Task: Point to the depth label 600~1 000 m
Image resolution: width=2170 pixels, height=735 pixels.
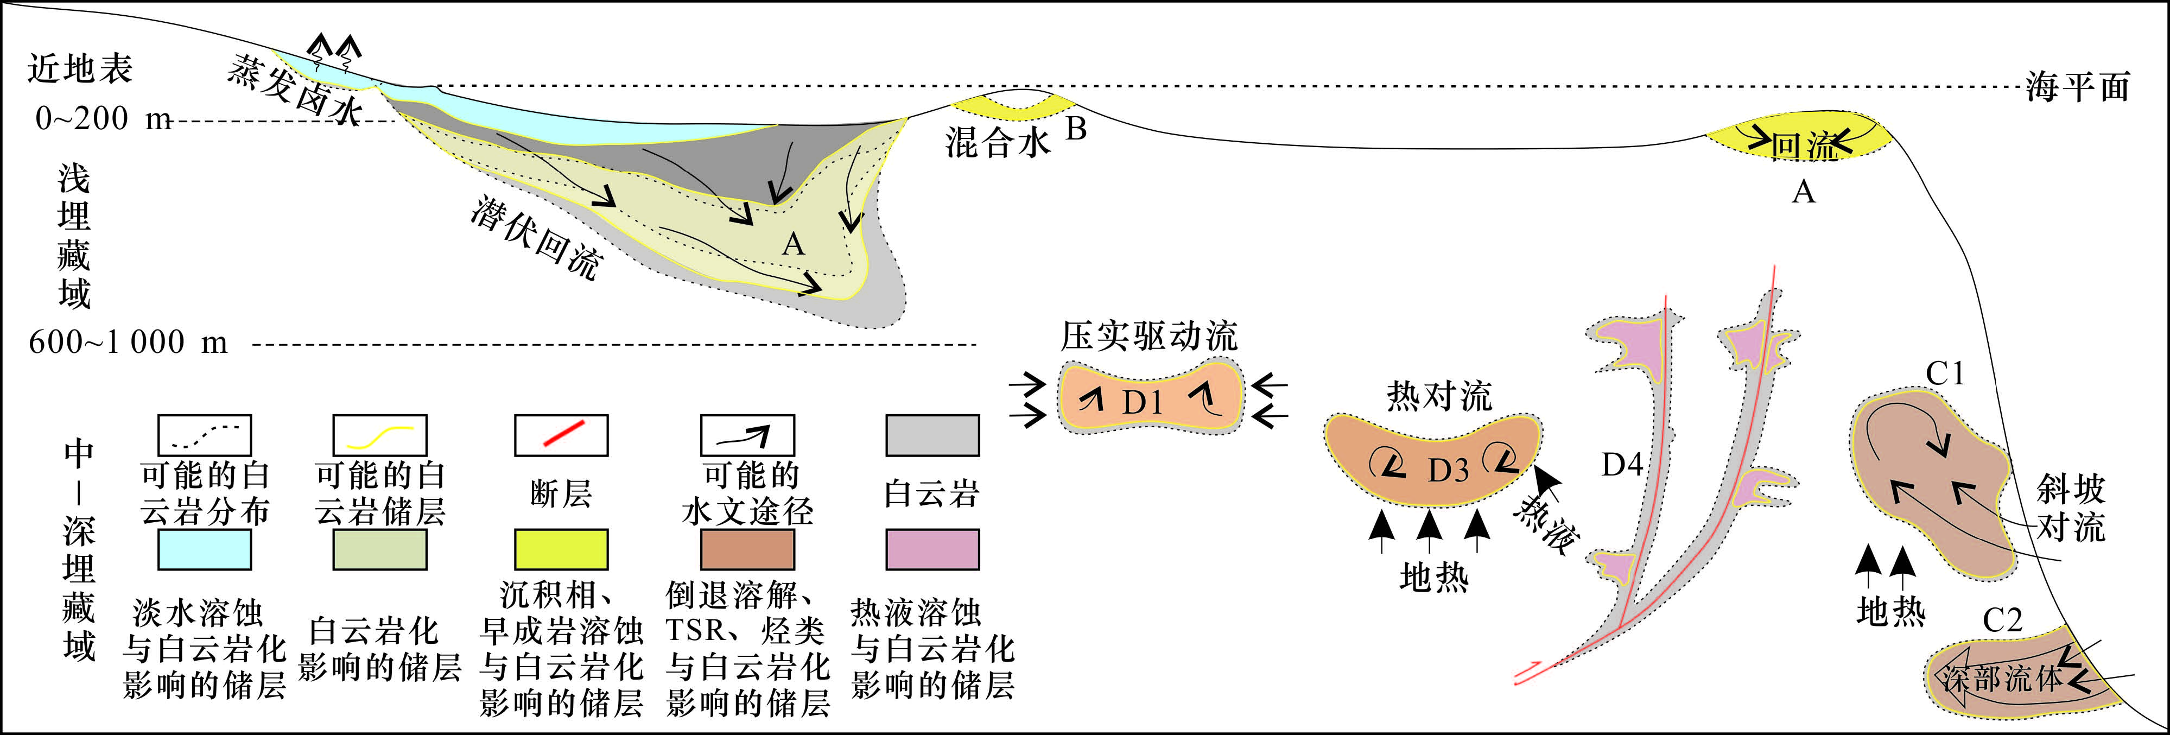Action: click(128, 342)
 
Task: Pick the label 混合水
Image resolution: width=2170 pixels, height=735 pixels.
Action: click(998, 142)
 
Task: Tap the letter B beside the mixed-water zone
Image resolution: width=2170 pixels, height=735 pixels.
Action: click(1076, 129)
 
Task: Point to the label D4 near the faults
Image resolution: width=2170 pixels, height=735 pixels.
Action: click(1622, 464)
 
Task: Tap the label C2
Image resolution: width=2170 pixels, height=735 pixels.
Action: click(2002, 620)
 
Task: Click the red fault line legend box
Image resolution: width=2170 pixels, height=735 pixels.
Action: click(561, 435)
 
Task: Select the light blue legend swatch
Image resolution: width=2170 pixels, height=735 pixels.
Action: click(205, 549)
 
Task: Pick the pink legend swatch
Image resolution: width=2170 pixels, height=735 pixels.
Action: click(932, 549)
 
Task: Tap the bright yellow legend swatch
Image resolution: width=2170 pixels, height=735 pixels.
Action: click(561, 549)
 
